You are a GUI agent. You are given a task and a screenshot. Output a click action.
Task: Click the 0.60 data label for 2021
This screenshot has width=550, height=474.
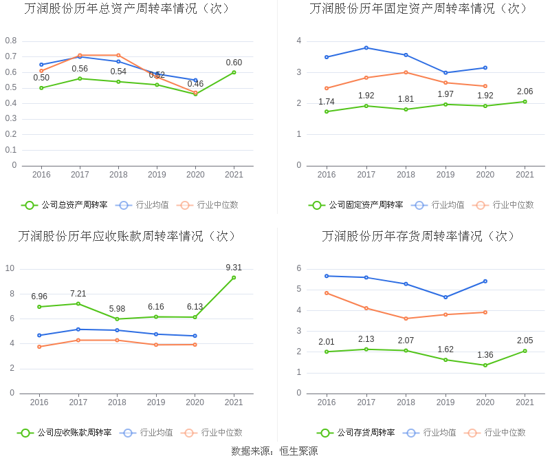point(234,63)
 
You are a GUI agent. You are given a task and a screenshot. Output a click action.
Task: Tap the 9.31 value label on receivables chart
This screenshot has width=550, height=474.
point(234,268)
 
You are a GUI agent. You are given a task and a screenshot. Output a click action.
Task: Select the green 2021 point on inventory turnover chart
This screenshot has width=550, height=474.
point(525,351)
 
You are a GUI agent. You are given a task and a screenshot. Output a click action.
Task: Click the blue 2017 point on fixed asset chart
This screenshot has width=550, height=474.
point(366,47)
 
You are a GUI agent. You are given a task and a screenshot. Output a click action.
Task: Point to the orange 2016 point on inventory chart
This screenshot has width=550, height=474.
point(327,293)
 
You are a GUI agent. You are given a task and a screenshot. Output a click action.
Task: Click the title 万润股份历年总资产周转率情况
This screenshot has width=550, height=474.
point(127,9)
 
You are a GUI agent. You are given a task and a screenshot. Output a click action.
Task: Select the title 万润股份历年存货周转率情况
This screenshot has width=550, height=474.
point(419,236)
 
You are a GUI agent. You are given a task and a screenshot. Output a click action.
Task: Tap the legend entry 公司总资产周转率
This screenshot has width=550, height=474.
point(65,204)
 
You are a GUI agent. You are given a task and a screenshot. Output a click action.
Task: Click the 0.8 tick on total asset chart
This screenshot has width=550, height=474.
point(11,41)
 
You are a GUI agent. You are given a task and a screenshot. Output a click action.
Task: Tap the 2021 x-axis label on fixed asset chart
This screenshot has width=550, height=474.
point(525,175)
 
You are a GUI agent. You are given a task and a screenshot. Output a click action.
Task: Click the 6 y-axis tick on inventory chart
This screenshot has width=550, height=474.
point(298,268)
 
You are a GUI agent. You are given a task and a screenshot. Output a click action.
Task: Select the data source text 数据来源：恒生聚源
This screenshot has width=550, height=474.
point(274,451)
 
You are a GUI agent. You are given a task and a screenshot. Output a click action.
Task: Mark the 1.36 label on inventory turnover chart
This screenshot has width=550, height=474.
point(485,355)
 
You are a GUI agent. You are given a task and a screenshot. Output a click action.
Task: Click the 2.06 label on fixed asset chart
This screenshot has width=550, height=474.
point(525,91)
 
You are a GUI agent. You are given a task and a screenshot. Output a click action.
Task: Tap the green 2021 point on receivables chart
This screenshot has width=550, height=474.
point(234,277)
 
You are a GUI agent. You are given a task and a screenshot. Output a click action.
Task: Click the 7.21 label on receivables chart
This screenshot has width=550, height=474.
point(78,294)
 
